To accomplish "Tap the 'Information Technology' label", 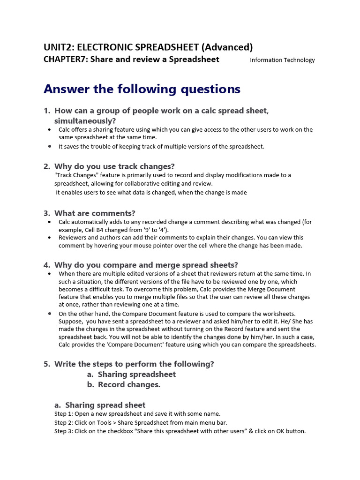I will click(x=282, y=60).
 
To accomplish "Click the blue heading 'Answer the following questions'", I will click(x=142, y=89).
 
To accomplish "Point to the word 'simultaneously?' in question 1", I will click(x=85, y=120).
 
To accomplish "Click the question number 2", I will click(x=46, y=166).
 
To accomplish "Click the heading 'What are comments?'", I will click(x=95, y=213).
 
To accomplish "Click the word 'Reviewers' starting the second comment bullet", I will click(x=72, y=238).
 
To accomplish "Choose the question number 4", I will click(x=46, y=265).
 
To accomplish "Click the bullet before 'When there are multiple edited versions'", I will click(x=50, y=274).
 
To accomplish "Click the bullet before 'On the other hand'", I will click(x=50, y=314).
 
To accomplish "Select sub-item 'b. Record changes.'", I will click(x=124, y=385).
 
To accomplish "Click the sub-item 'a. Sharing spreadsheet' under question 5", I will click(x=131, y=374).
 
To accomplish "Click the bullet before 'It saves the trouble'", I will click(x=50, y=146).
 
